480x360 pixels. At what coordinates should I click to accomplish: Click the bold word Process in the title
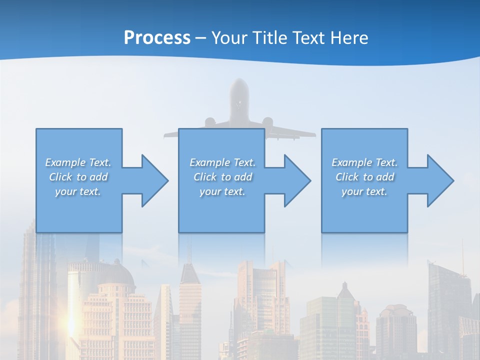157,38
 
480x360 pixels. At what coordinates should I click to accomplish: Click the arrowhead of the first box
155,180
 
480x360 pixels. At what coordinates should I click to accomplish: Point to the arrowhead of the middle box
297,180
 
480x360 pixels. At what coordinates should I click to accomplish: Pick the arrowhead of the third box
440,180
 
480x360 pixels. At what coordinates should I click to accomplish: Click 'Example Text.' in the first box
78,162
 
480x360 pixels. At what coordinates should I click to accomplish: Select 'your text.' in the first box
78,191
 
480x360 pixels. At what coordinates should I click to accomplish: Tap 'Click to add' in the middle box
222,177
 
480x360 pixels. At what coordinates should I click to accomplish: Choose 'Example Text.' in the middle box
222,162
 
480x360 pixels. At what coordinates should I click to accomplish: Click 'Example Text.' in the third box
364,162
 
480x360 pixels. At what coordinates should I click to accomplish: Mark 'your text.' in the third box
364,191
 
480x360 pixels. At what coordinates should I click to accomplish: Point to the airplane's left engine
209,122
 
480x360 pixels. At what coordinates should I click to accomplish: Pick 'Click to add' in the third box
364,177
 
